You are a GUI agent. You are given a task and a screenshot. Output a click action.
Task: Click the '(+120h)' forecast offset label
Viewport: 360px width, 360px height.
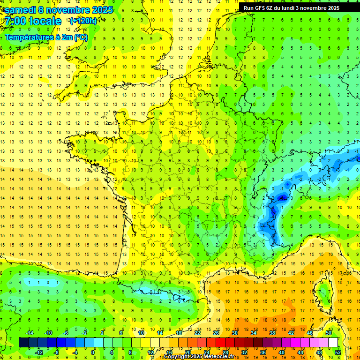pyautogui.click(x=83, y=21)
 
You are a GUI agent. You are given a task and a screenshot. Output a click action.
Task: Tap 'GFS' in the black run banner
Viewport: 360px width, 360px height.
pyautogui.click(x=262, y=8)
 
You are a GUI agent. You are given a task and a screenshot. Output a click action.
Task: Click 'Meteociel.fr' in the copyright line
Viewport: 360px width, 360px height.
pyautogui.click(x=218, y=357)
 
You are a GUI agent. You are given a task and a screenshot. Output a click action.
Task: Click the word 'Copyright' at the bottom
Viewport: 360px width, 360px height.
pyautogui.click(x=177, y=357)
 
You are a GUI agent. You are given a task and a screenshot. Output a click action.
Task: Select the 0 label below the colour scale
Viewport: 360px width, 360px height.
pyautogui.click(x=93, y=352)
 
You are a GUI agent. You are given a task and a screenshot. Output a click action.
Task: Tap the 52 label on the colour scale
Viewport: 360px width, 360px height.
pyautogui.click(x=337, y=352)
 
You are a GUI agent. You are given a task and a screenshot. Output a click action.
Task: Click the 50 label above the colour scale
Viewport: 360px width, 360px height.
pyautogui.click(x=328, y=333)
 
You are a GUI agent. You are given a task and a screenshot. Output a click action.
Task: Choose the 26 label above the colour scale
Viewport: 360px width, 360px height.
pyautogui.click(x=216, y=333)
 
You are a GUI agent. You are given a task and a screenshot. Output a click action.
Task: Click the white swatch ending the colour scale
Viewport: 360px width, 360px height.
pyautogui.click(x=333, y=343)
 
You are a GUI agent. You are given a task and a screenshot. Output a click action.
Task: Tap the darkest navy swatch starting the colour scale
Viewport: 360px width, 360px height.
pyautogui.click(x=23, y=343)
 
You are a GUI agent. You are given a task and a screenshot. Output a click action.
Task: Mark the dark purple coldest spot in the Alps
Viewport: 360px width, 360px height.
pyautogui.click(x=282, y=198)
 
